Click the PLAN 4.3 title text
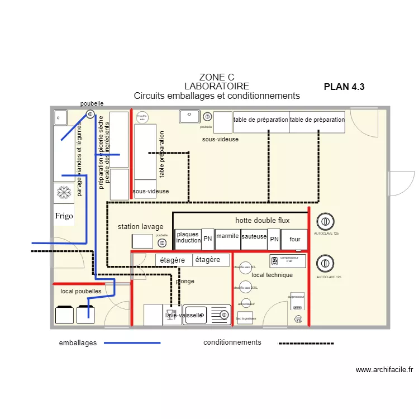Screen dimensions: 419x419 coord(344,87)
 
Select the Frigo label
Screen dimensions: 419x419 coord(64,216)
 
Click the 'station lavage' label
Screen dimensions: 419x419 coord(140,227)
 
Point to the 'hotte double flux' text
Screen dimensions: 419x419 coord(262,220)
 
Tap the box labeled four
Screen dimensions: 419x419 coord(294,239)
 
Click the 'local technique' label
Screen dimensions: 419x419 coord(272,275)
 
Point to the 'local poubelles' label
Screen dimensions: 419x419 coord(81,291)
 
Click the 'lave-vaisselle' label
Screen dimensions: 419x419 coord(184,316)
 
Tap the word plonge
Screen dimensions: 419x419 coord(185,281)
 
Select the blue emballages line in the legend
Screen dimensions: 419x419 coord(133,342)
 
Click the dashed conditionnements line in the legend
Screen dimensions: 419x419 coord(306,342)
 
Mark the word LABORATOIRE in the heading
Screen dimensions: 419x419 coord(217,87)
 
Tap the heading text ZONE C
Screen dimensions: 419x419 coord(216,77)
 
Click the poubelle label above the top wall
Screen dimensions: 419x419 coord(92,104)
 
